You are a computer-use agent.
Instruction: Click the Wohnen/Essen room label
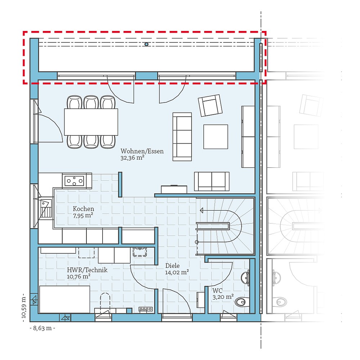142,151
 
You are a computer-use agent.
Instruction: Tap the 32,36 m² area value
132,158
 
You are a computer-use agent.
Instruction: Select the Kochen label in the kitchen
83,209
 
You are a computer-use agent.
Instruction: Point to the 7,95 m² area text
83,215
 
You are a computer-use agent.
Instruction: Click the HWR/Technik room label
87,270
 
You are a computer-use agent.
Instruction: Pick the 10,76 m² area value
78,276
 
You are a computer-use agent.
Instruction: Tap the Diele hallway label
173,266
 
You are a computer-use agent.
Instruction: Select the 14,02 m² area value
177,273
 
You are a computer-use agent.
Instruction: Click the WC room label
217,291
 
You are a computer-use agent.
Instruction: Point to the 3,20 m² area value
223,297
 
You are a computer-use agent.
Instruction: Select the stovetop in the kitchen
74,180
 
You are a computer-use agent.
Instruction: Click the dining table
91,122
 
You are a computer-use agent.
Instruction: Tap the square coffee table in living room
216,136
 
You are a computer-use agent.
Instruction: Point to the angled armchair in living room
210,105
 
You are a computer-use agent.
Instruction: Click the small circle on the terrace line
147,44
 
